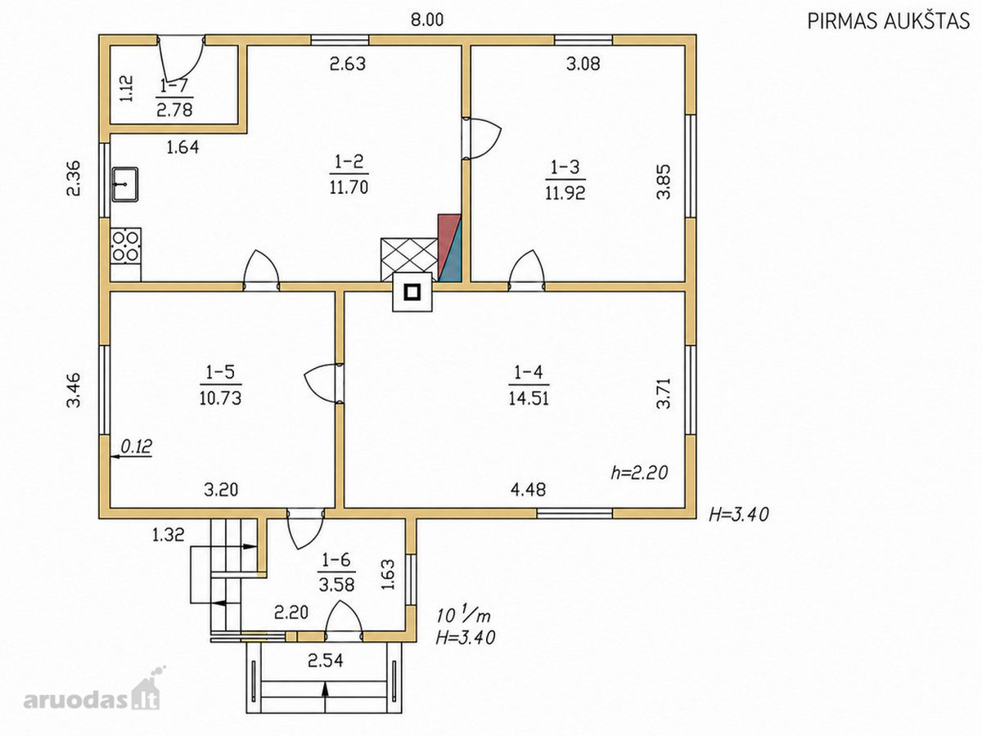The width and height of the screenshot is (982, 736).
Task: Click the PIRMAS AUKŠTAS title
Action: pyautogui.click(x=889, y=20)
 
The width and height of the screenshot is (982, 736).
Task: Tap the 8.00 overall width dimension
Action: pyautogui.click(x=427, y=20)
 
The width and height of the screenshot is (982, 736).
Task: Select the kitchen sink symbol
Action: pyautogui.click(x=125, y=184)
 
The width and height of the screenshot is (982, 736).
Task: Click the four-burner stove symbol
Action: pyautogui.click(x=126, y=247)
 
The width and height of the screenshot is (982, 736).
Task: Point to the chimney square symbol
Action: pyautogui.click(x=412, y=292)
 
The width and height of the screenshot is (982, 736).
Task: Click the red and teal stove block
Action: pyautogui.click(x=449, y=248)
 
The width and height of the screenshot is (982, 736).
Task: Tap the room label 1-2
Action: pyautogui.click(x=349, y=162)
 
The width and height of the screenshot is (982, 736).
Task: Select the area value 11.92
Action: pyautogui.click(x=565, y=193)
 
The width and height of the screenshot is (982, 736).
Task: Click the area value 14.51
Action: pyautogui.click(x=529, y=397)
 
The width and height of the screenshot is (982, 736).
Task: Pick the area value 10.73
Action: pyautogui.click(x=221, y=397)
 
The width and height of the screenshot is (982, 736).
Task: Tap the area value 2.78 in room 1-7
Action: pyautogui.click(x=174, y=109)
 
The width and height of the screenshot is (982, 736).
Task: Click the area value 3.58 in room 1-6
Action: pyautogui.click(x=336, y=585)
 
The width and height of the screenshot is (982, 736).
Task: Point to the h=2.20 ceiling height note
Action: pyautogui.click(x=639, y=473)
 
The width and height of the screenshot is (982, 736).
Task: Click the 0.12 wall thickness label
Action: pyautogui.click(x=136, y=446)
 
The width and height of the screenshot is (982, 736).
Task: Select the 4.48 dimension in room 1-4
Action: pyautogui.click(x=528, y=490)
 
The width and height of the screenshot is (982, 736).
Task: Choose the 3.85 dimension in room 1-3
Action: pyautogui.click(x=664, y=182)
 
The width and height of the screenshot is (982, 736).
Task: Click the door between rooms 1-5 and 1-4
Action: pyautogui.click(x=324, y=383)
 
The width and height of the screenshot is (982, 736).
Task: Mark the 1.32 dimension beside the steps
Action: pyautogui.click(x=169, y=535)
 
